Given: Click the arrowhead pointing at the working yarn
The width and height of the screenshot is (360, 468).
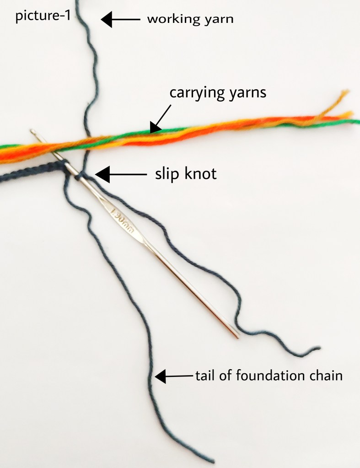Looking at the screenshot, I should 107,19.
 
